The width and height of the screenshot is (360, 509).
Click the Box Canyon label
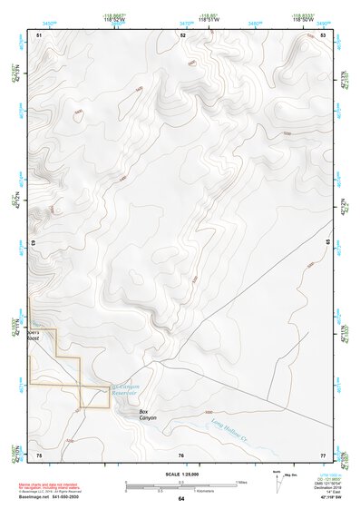click(148, 415)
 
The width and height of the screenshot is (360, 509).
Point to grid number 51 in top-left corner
click(39, 34)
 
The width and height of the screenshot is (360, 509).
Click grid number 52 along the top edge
click(182, 34)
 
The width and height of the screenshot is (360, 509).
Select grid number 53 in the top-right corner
click(324, 34)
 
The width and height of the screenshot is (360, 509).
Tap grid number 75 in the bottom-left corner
click(39, 455)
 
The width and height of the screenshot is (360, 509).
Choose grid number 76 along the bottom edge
click(181, 455)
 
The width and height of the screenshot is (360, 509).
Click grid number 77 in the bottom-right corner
click(324, 455)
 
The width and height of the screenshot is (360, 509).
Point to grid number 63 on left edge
click(34, 243)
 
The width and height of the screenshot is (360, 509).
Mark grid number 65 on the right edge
click(327, 243)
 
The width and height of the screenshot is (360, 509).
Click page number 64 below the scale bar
click(181, 499)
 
